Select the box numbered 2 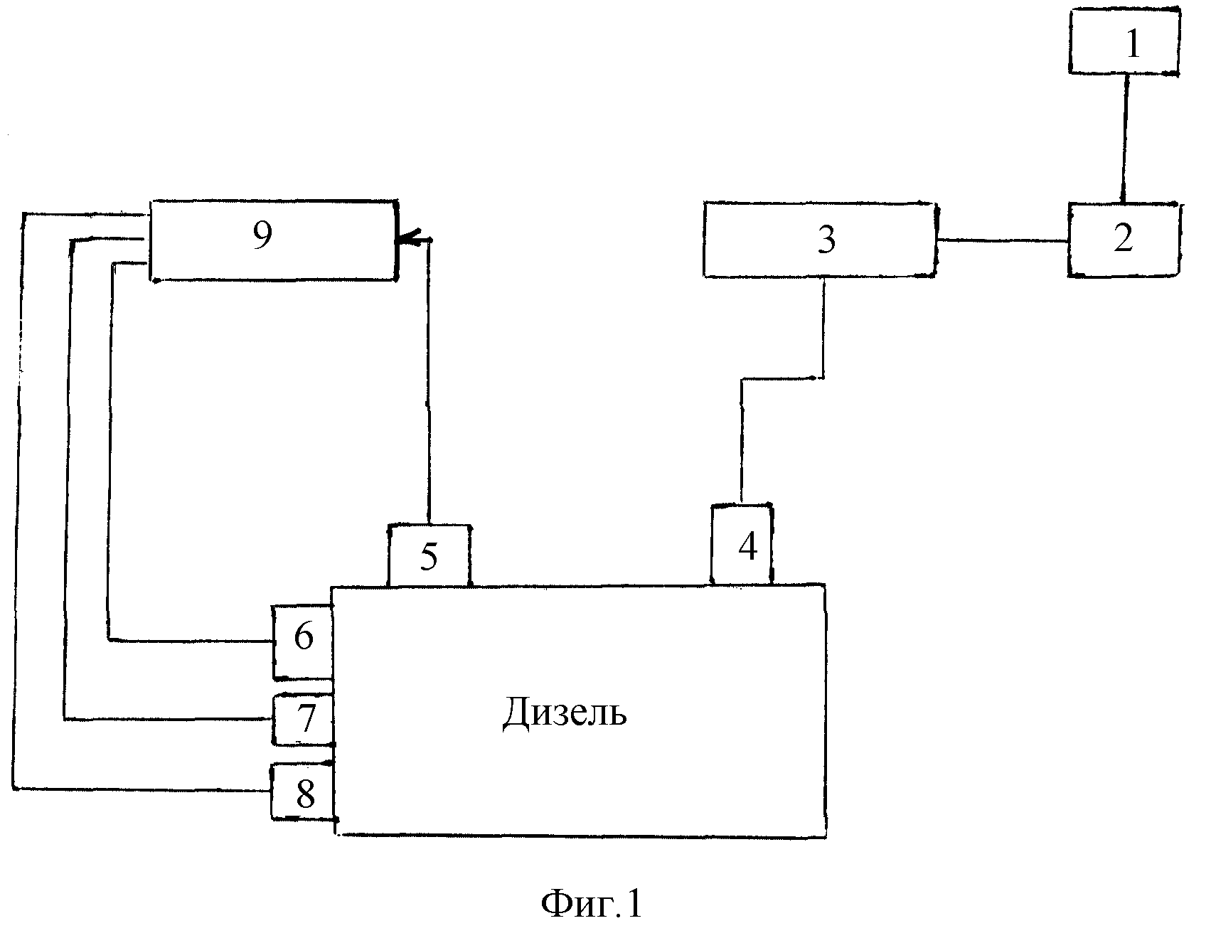tap(1124, 239)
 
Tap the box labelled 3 tap(820, 239)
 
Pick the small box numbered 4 tap(742, 545)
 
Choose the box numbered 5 tap(429, 556)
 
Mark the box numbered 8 tap(304, 792)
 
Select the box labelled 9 tap(272, 240)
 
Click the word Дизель tap(565, 713)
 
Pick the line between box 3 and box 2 tap(1002, 240)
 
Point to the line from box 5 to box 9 tap(428, 384)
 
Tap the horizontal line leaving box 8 tap(142, 788)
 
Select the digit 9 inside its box tap(262, 235)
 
